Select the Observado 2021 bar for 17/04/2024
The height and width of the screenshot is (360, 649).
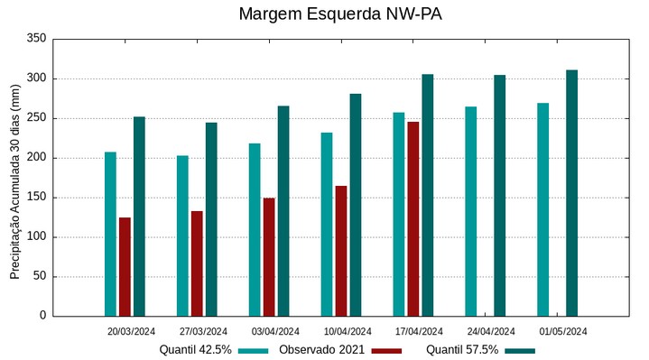413,219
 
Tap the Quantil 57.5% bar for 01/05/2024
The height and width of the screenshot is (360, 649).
571,193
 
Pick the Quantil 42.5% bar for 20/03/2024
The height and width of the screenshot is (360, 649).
110,234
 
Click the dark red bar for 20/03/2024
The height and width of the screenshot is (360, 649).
125,267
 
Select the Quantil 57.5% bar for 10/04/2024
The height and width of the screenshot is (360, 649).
356,205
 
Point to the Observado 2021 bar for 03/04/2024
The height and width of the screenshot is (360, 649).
269,257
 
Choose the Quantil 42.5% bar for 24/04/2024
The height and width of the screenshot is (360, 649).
470,211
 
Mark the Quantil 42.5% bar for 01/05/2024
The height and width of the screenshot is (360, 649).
542,209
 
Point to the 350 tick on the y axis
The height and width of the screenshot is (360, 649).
36,39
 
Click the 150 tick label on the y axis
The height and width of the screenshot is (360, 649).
36,198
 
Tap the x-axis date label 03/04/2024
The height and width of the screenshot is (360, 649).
275,331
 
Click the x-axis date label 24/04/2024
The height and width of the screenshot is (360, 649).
491,331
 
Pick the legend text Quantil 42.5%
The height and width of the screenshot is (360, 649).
196,350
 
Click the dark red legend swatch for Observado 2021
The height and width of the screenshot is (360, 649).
386,350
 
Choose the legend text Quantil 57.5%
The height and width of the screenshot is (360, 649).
462,350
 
